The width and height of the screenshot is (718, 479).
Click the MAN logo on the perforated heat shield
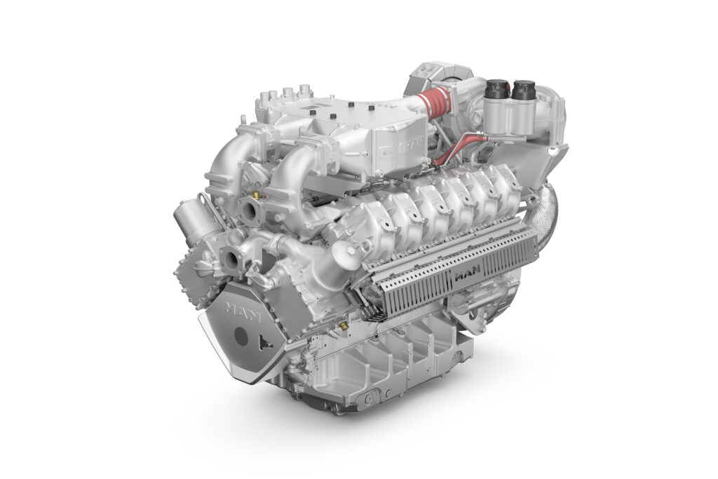click(x=467, y=275)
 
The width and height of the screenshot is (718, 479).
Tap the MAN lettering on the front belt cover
click(x=243, y=312)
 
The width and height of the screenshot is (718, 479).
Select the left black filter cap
click(x=497, y=90)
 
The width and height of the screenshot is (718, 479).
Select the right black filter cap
click(x=523, y=90)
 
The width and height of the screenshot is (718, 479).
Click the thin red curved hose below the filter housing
click(x=458, y=147)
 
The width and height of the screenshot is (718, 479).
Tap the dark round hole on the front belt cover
click(x=241, y=336)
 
